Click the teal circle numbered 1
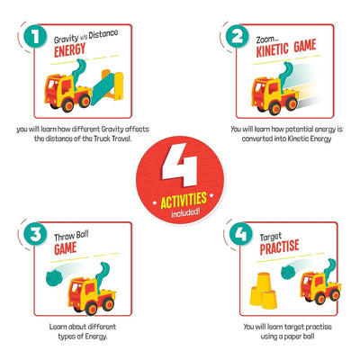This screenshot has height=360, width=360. pos(35,37)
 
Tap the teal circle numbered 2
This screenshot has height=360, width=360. pos(238,37)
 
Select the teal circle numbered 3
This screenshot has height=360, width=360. pos(35,234)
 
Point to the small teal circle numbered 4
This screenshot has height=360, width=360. pos(241,234)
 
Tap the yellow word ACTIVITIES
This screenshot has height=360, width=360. pos(184,201)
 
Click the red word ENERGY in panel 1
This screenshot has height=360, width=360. pos(70,50)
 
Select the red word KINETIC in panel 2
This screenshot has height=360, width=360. pos(272,49)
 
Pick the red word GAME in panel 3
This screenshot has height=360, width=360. pos(65,248)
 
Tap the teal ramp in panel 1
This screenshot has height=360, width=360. pos(103,89)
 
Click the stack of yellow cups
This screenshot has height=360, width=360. pos(263,291)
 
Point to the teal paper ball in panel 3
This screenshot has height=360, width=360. pos(54,277)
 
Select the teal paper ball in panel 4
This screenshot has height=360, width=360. pos(288,273)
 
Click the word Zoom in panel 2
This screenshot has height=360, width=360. pos(265,40)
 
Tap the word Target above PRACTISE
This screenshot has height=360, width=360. pos(271,237)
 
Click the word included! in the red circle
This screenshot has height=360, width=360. pos(185,212)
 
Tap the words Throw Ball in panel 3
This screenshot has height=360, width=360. pos(71,237)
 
